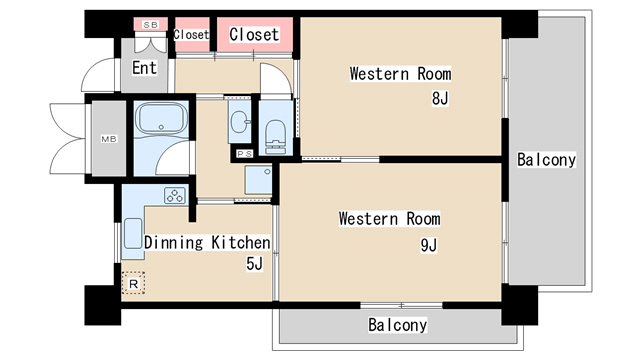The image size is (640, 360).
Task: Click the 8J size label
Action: click(440, 98)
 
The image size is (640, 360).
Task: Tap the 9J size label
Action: click(429, 245)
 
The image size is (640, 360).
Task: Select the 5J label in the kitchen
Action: click(254, 264)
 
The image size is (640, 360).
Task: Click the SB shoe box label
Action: click(150, 25)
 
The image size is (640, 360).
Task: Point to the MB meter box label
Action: click(109, 139)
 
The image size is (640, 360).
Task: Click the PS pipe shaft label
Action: click(244, 154)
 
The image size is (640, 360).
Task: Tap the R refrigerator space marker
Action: click(133, 283)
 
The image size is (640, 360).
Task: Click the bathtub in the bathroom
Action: click(161, 118)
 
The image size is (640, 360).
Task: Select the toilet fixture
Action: click(276, 137)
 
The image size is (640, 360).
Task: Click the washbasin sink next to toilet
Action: click(240, 122)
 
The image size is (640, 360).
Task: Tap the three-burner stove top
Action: click(175, 196)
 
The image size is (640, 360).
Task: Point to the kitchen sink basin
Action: click(133, 233)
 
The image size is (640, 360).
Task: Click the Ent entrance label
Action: click(144, 68)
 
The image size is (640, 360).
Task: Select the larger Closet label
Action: click(254, 35)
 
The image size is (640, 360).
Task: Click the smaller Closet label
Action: click(191, 35)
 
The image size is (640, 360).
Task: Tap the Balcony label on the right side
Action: click(547, 160)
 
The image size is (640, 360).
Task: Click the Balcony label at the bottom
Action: click(398, 325)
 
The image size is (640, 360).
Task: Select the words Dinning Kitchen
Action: click(207, 242)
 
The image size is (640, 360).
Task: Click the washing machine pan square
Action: click(258, 180)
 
